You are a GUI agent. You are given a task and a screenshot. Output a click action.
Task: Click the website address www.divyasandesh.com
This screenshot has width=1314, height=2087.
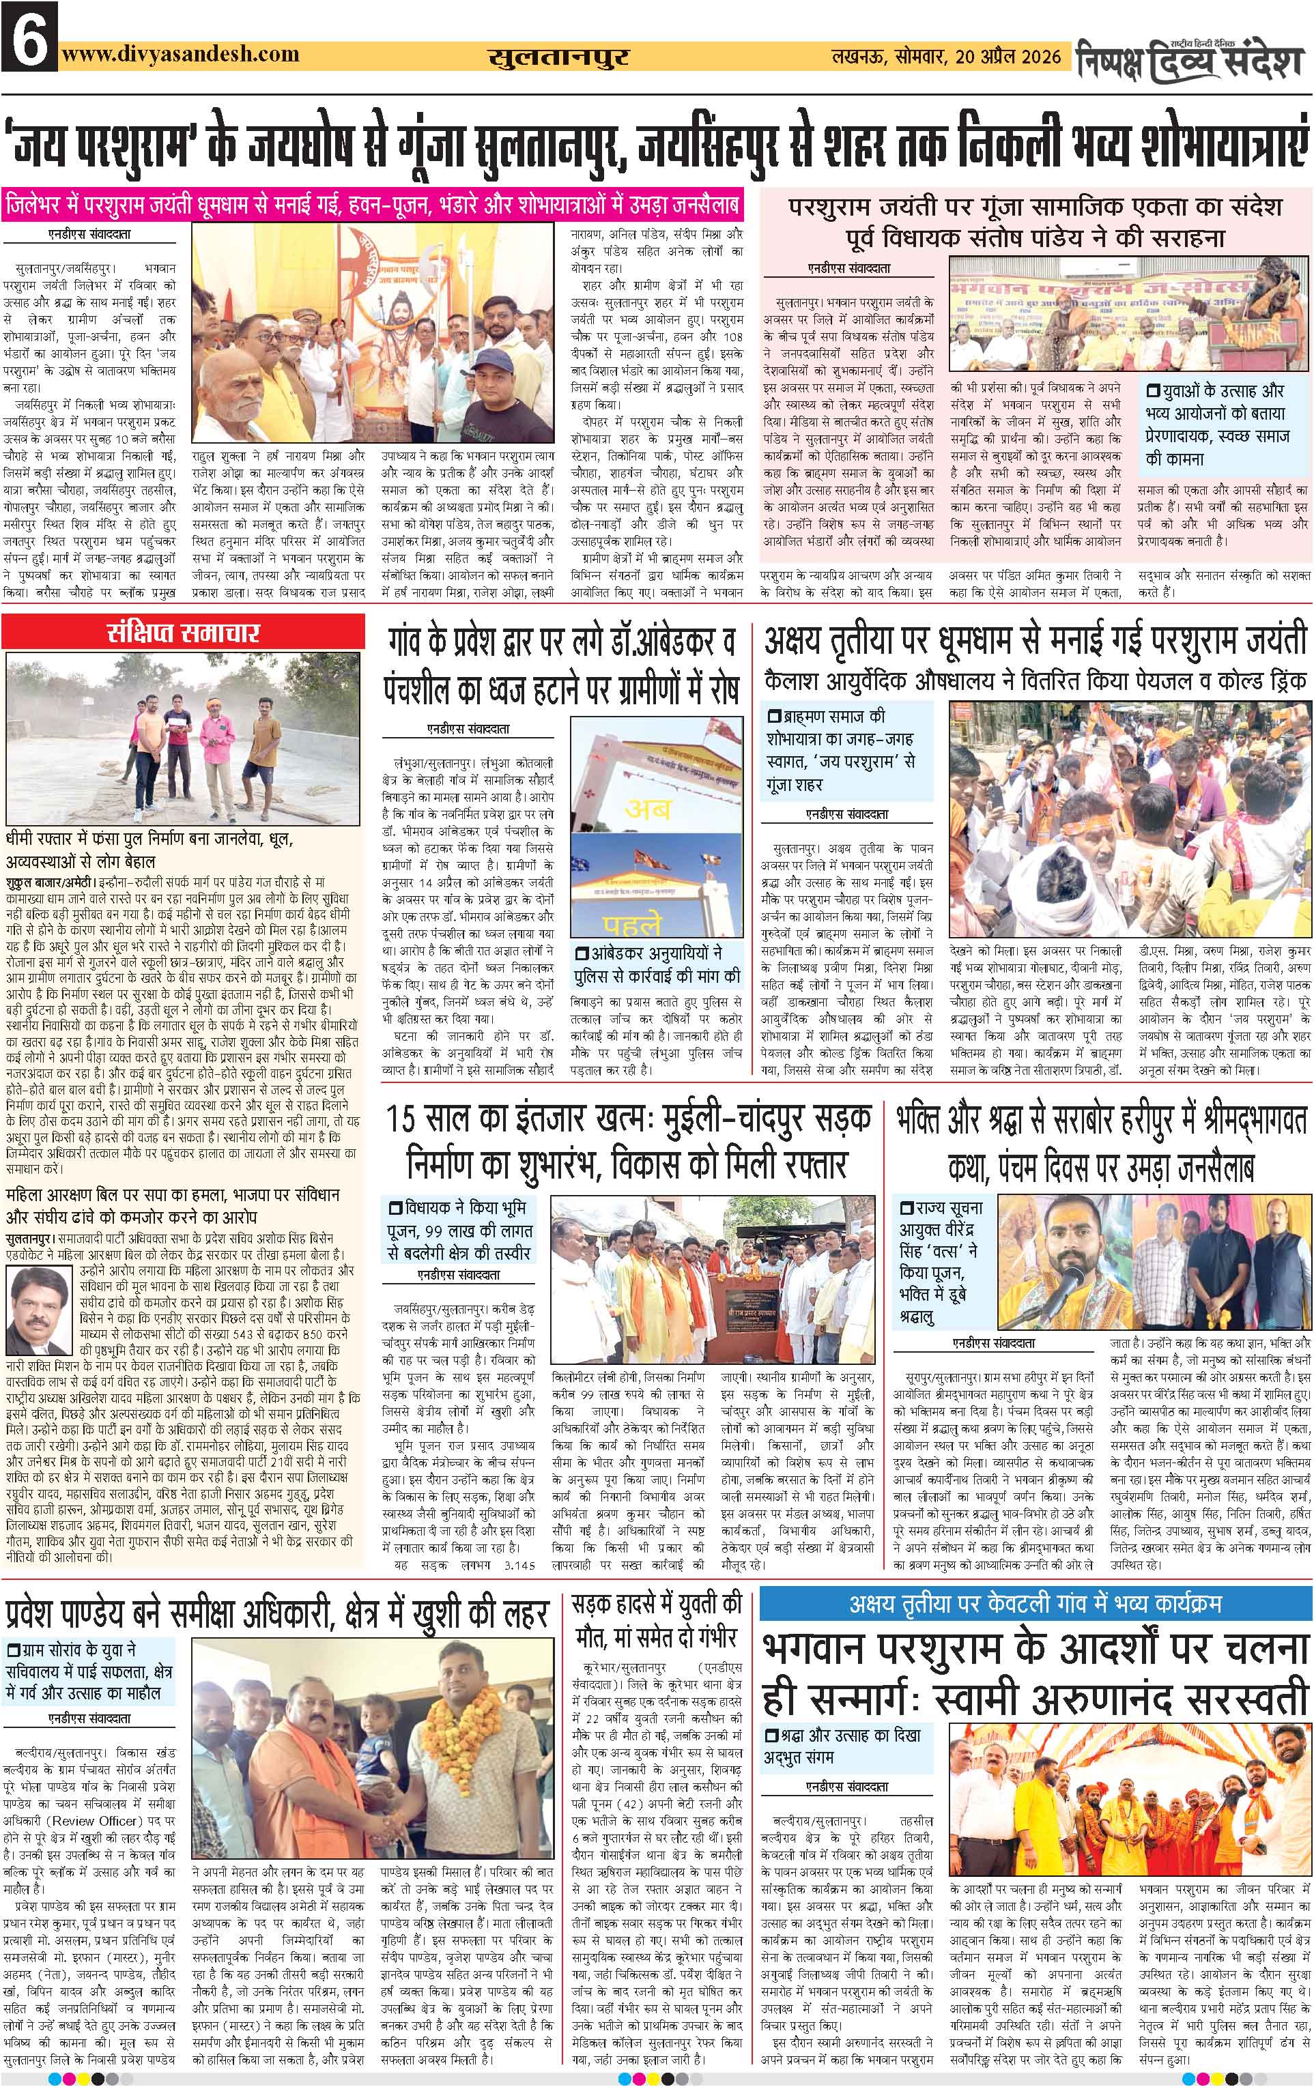pos(180,54)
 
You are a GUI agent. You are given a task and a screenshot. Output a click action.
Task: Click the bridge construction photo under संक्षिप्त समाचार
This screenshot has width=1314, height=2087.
pos(183,738)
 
